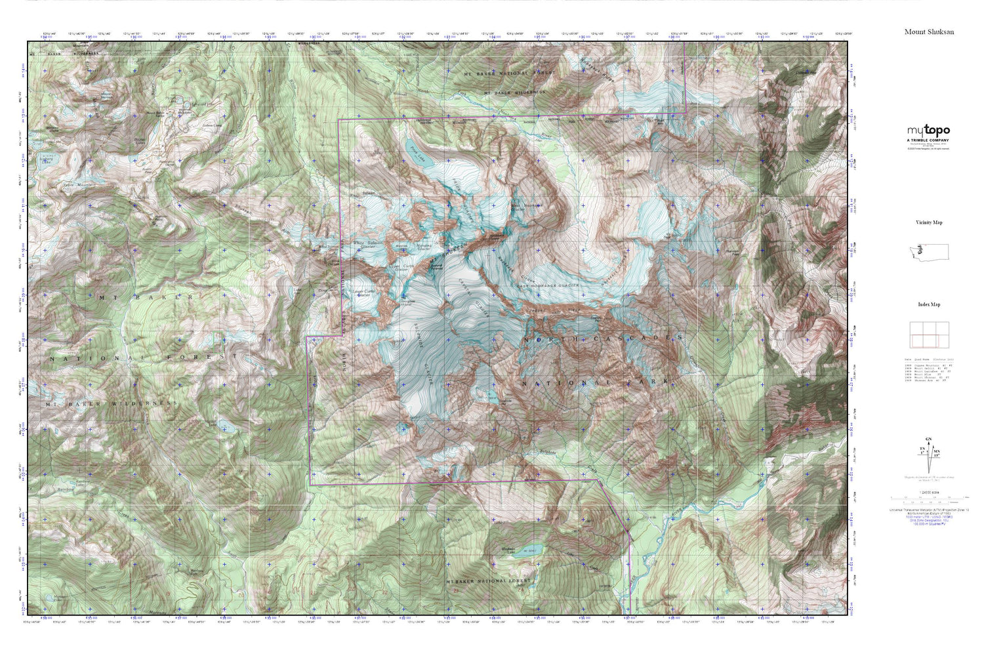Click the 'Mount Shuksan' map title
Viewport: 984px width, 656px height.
[x=929, y=31]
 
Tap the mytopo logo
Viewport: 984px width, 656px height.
[x=928, y=131]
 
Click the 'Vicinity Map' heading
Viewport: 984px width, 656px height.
[x=929, y=222]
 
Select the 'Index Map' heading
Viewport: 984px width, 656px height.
[x=929, y=304]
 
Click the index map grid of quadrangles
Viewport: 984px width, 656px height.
[x=924, y=335]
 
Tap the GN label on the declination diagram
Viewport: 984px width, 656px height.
[x=927, y=439]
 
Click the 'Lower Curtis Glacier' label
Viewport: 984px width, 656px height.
[x=361, y=293]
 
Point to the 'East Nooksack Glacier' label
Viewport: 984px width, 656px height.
[x=548, y=286]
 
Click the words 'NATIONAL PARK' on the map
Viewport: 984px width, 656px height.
[x=594, y=382]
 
